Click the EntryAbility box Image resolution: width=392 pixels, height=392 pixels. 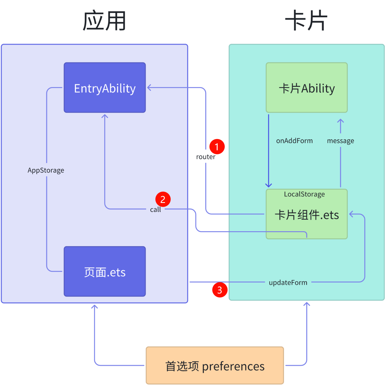point(105,88)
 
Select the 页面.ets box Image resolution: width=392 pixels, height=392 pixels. point(105,272)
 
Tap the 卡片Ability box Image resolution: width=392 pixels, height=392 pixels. point(307,88)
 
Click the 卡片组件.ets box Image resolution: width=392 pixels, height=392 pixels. point(307,215)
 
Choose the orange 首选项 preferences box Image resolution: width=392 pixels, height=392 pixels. point(215,366)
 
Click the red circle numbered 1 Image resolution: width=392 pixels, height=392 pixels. point(217,147)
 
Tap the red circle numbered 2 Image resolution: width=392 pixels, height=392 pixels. point(163,199)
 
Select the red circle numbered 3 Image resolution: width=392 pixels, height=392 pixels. point(220,290)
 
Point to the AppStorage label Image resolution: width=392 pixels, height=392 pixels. point(46,170)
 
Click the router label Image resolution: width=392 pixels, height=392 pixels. point(206,157)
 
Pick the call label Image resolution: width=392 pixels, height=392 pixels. point(155,210)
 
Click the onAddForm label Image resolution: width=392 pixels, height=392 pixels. point(294,141)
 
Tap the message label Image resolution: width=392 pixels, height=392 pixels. point(340,141)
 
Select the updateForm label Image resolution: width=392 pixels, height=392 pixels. point(288,283)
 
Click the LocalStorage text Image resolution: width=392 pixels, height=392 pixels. point(304,194)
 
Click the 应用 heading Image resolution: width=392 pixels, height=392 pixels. point(104,21)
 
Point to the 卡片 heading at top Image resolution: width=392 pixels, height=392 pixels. point(306,21)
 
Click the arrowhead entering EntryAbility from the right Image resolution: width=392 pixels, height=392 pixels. point(149,88)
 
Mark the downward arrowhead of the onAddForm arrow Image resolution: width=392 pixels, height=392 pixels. point(269,185)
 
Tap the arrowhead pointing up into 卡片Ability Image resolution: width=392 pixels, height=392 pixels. point(340,121)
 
